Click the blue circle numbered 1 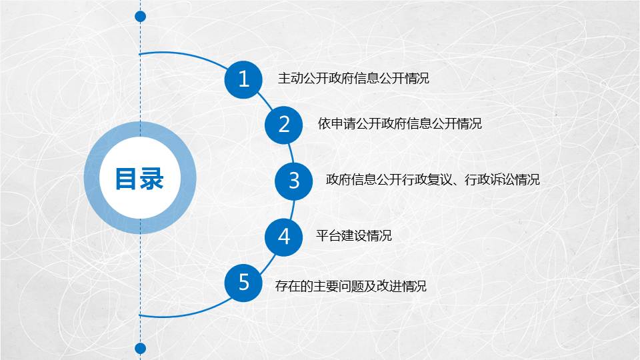pos(243,79)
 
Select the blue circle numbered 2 pos(284,125)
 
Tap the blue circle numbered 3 pos(294,181)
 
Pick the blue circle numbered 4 pos(284,237)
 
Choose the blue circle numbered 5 pos(243,283)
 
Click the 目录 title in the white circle pos(139,179)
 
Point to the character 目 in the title pos(126,179)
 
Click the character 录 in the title pos(151,179)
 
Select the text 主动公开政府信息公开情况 pos(353,78)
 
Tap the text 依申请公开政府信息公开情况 pos(399,123)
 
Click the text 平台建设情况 pos(353,235)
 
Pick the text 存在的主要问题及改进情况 pos(351,286)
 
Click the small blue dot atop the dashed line pos(141,16)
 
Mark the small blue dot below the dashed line pos(141,348)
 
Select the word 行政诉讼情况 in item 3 pos(502,179)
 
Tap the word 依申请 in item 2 pos(337,123)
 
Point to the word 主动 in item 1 pos(290,78)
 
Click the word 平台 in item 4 pos(329,235)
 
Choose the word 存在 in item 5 pos(288,286)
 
